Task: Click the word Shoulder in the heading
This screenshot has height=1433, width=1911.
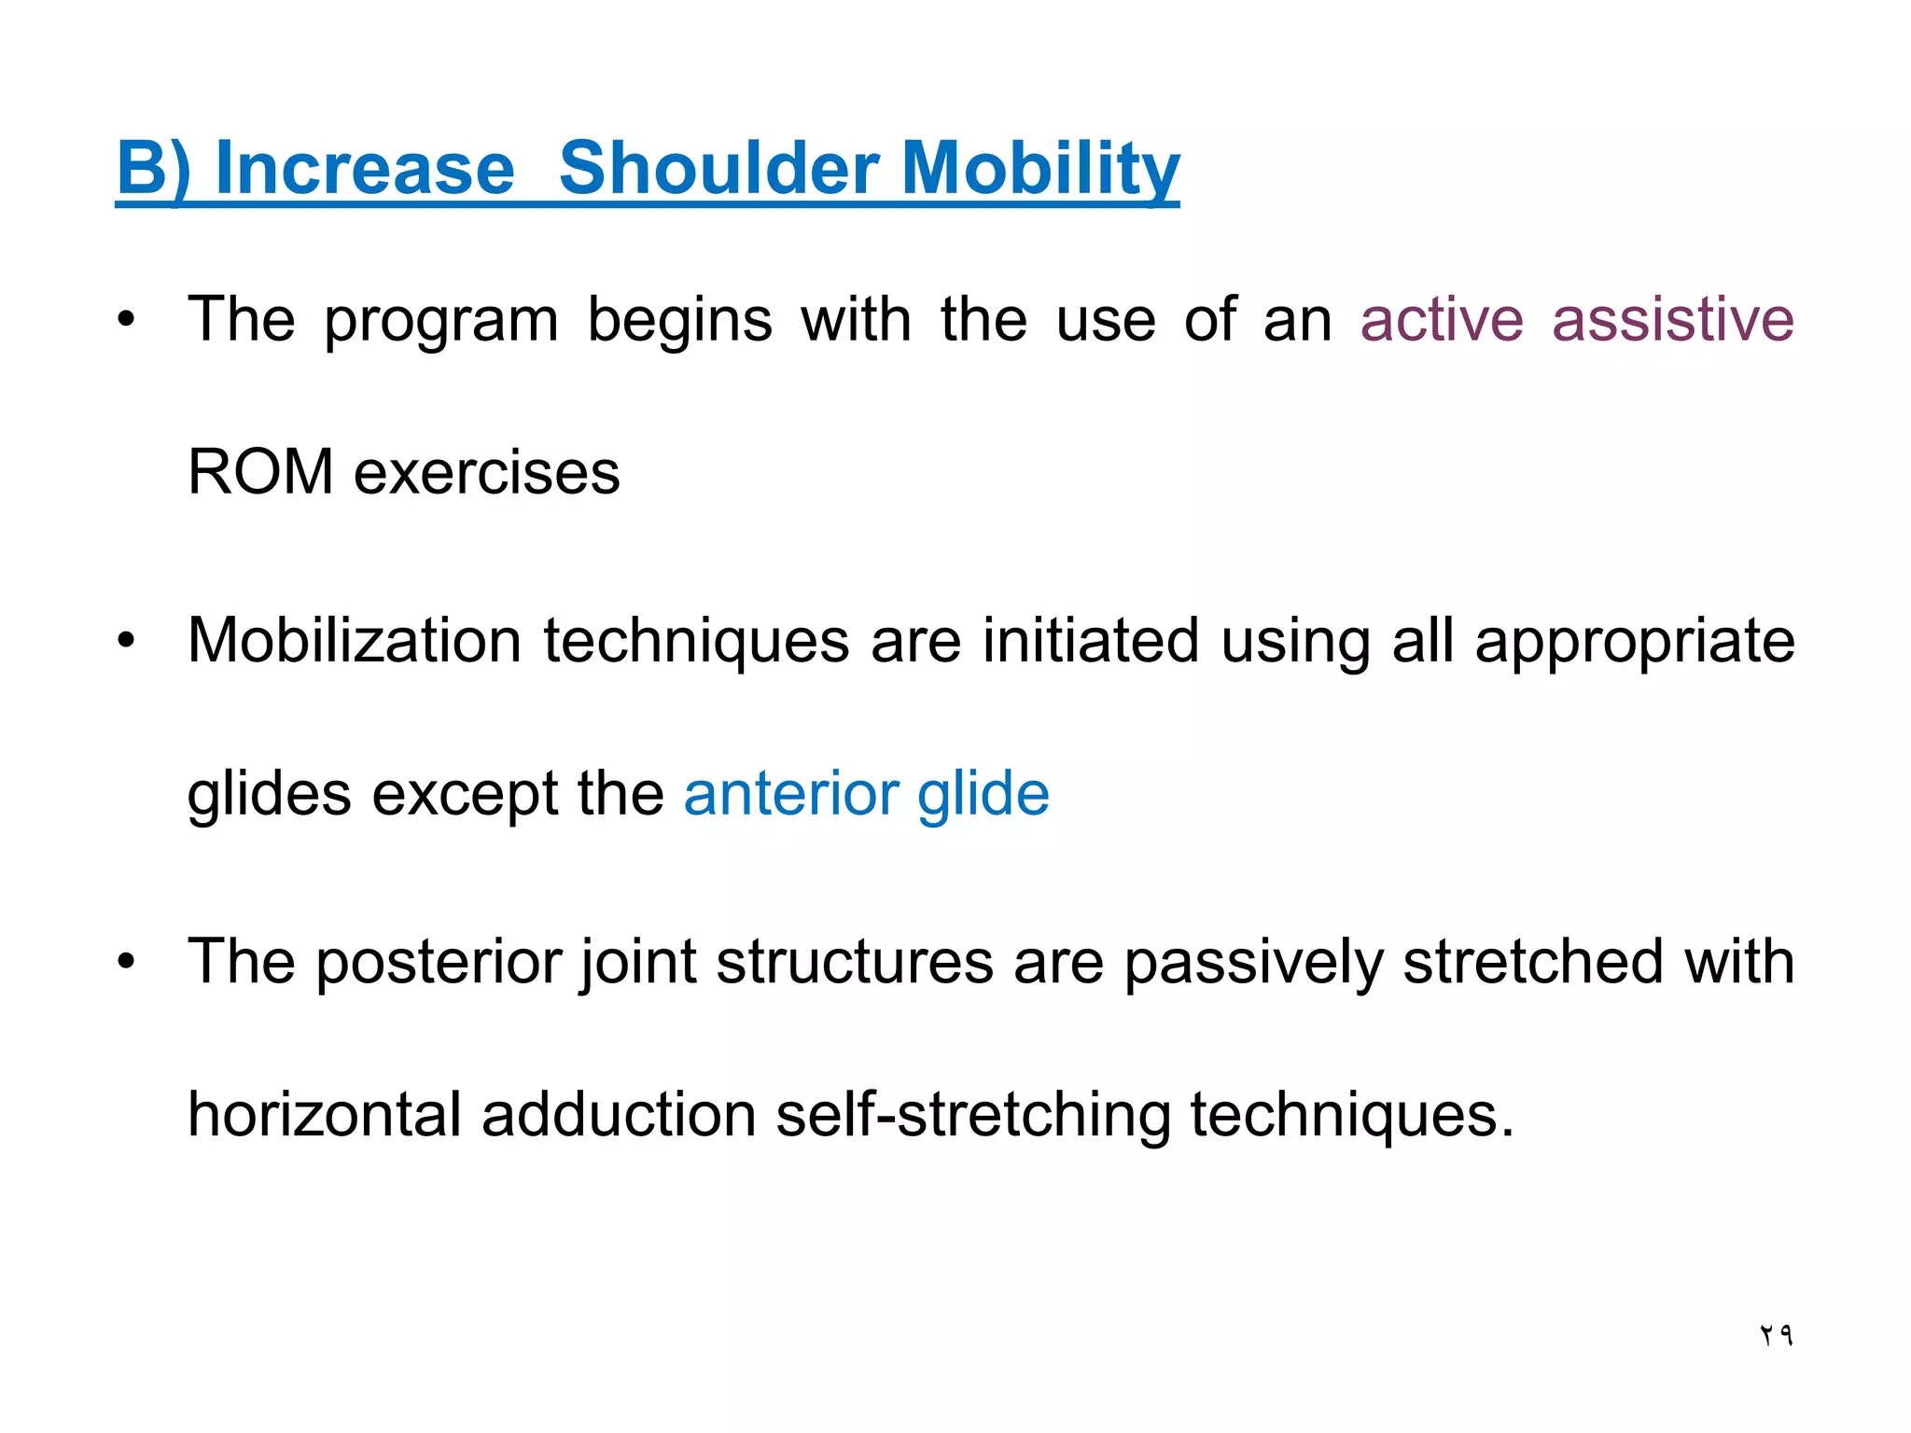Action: pyautogui.click(x=718, y=169)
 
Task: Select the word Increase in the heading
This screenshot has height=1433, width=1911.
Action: pyautogui.click(x=365, y=169)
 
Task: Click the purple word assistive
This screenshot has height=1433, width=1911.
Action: pyautogui.click(x=1672, y=320)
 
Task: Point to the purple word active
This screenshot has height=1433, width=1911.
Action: pyautogui.click(x=1442, y=320)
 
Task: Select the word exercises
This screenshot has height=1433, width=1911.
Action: pyautogui.click(x=486, y=472)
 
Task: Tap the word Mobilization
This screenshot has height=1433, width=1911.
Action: pyautogui.click(x=355, y=642)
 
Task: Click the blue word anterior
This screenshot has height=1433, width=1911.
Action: pyautogui.click(x=791, y=794)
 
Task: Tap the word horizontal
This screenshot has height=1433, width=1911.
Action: pyautogui.click(x=324, y=1115)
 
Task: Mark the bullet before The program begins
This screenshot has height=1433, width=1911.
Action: pyautogui.click(x=126, y=320)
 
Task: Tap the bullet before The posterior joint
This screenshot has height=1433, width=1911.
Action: pyautogui.click(x=126, y=962)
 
